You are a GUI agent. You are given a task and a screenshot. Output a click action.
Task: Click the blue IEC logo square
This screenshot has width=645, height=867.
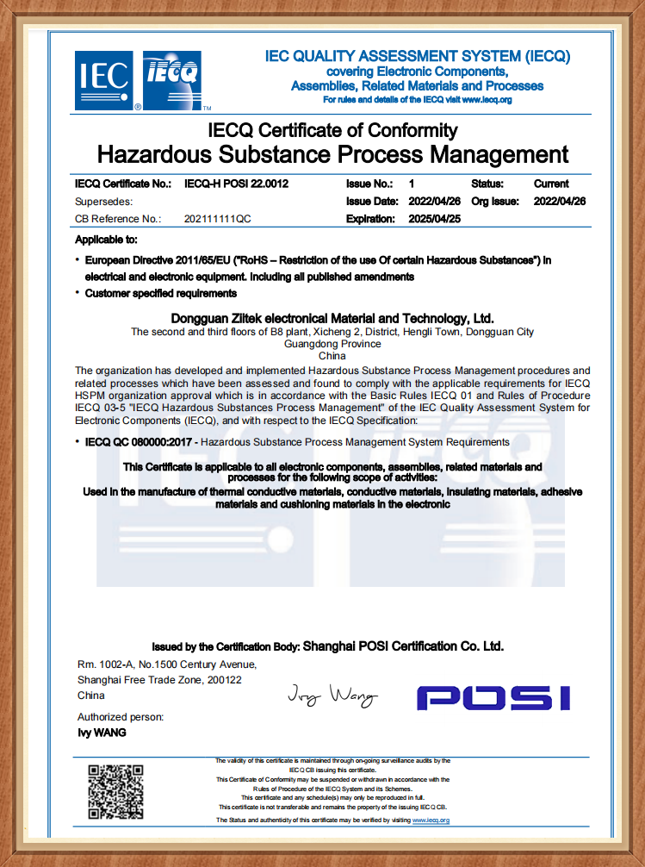click(104, 81)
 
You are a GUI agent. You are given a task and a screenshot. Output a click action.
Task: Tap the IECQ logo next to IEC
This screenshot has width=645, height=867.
click(171, 81)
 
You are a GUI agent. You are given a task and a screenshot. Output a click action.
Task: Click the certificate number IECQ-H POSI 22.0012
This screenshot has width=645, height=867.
click(237, 184)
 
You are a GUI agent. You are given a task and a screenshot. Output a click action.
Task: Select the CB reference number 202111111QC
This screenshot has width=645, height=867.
click(218, 219)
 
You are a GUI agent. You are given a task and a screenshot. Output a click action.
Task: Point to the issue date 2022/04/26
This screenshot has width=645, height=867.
click(434, 201)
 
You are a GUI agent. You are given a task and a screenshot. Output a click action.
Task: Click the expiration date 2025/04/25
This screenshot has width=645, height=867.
click(434, 219)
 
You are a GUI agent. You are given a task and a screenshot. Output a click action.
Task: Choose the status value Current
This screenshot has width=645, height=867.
click(551, 184)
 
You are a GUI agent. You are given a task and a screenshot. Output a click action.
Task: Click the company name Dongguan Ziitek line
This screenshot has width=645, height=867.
click(332, 318)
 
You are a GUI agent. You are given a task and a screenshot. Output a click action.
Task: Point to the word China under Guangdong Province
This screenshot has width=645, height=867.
click(332, 355)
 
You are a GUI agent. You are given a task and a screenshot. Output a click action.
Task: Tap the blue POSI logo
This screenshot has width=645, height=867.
click(493, 697)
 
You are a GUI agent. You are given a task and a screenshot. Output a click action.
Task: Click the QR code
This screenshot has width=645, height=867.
click(115, 791)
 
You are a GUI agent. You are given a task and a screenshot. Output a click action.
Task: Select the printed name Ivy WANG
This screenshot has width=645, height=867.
click(102, 733)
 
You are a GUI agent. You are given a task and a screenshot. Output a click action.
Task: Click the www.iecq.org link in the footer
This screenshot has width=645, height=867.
click(431, 820)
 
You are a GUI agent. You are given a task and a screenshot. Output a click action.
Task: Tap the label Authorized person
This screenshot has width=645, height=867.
click(121, 717)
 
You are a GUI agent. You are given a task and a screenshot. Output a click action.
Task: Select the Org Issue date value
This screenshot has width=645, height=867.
click(560, 201)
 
